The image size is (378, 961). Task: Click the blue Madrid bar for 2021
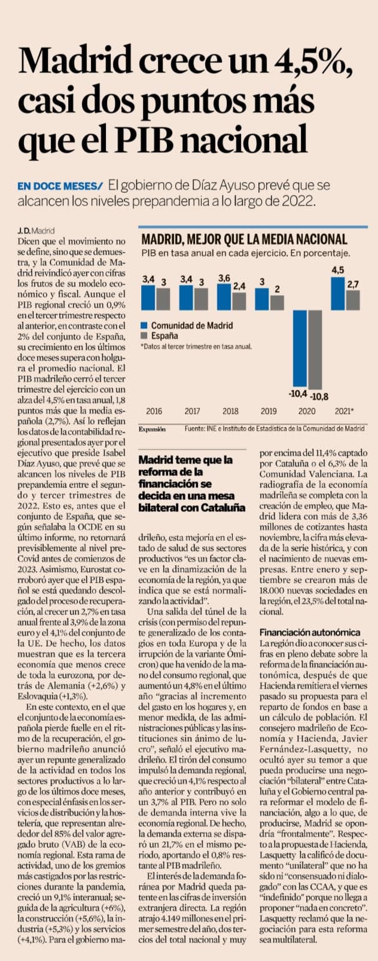click(338, 293)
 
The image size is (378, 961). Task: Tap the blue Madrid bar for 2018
click(224, 297)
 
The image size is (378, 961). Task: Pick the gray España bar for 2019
click(277, 303)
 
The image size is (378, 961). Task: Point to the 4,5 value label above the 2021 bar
click(338, 270)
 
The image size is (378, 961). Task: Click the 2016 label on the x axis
click(154, 411)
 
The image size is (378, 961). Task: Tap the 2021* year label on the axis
click(344, 411)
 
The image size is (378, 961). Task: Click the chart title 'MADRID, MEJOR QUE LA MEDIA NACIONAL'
click(244, 240)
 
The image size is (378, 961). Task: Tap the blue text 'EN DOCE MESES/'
click(60, 186)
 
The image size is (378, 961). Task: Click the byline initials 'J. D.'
click(24, 231)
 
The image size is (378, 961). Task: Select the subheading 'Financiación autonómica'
click(310, 632)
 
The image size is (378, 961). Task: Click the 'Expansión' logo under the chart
click(152, 429)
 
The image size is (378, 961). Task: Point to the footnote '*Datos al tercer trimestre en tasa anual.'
click(196, 347)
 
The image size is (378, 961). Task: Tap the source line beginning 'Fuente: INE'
click(275, 429)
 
